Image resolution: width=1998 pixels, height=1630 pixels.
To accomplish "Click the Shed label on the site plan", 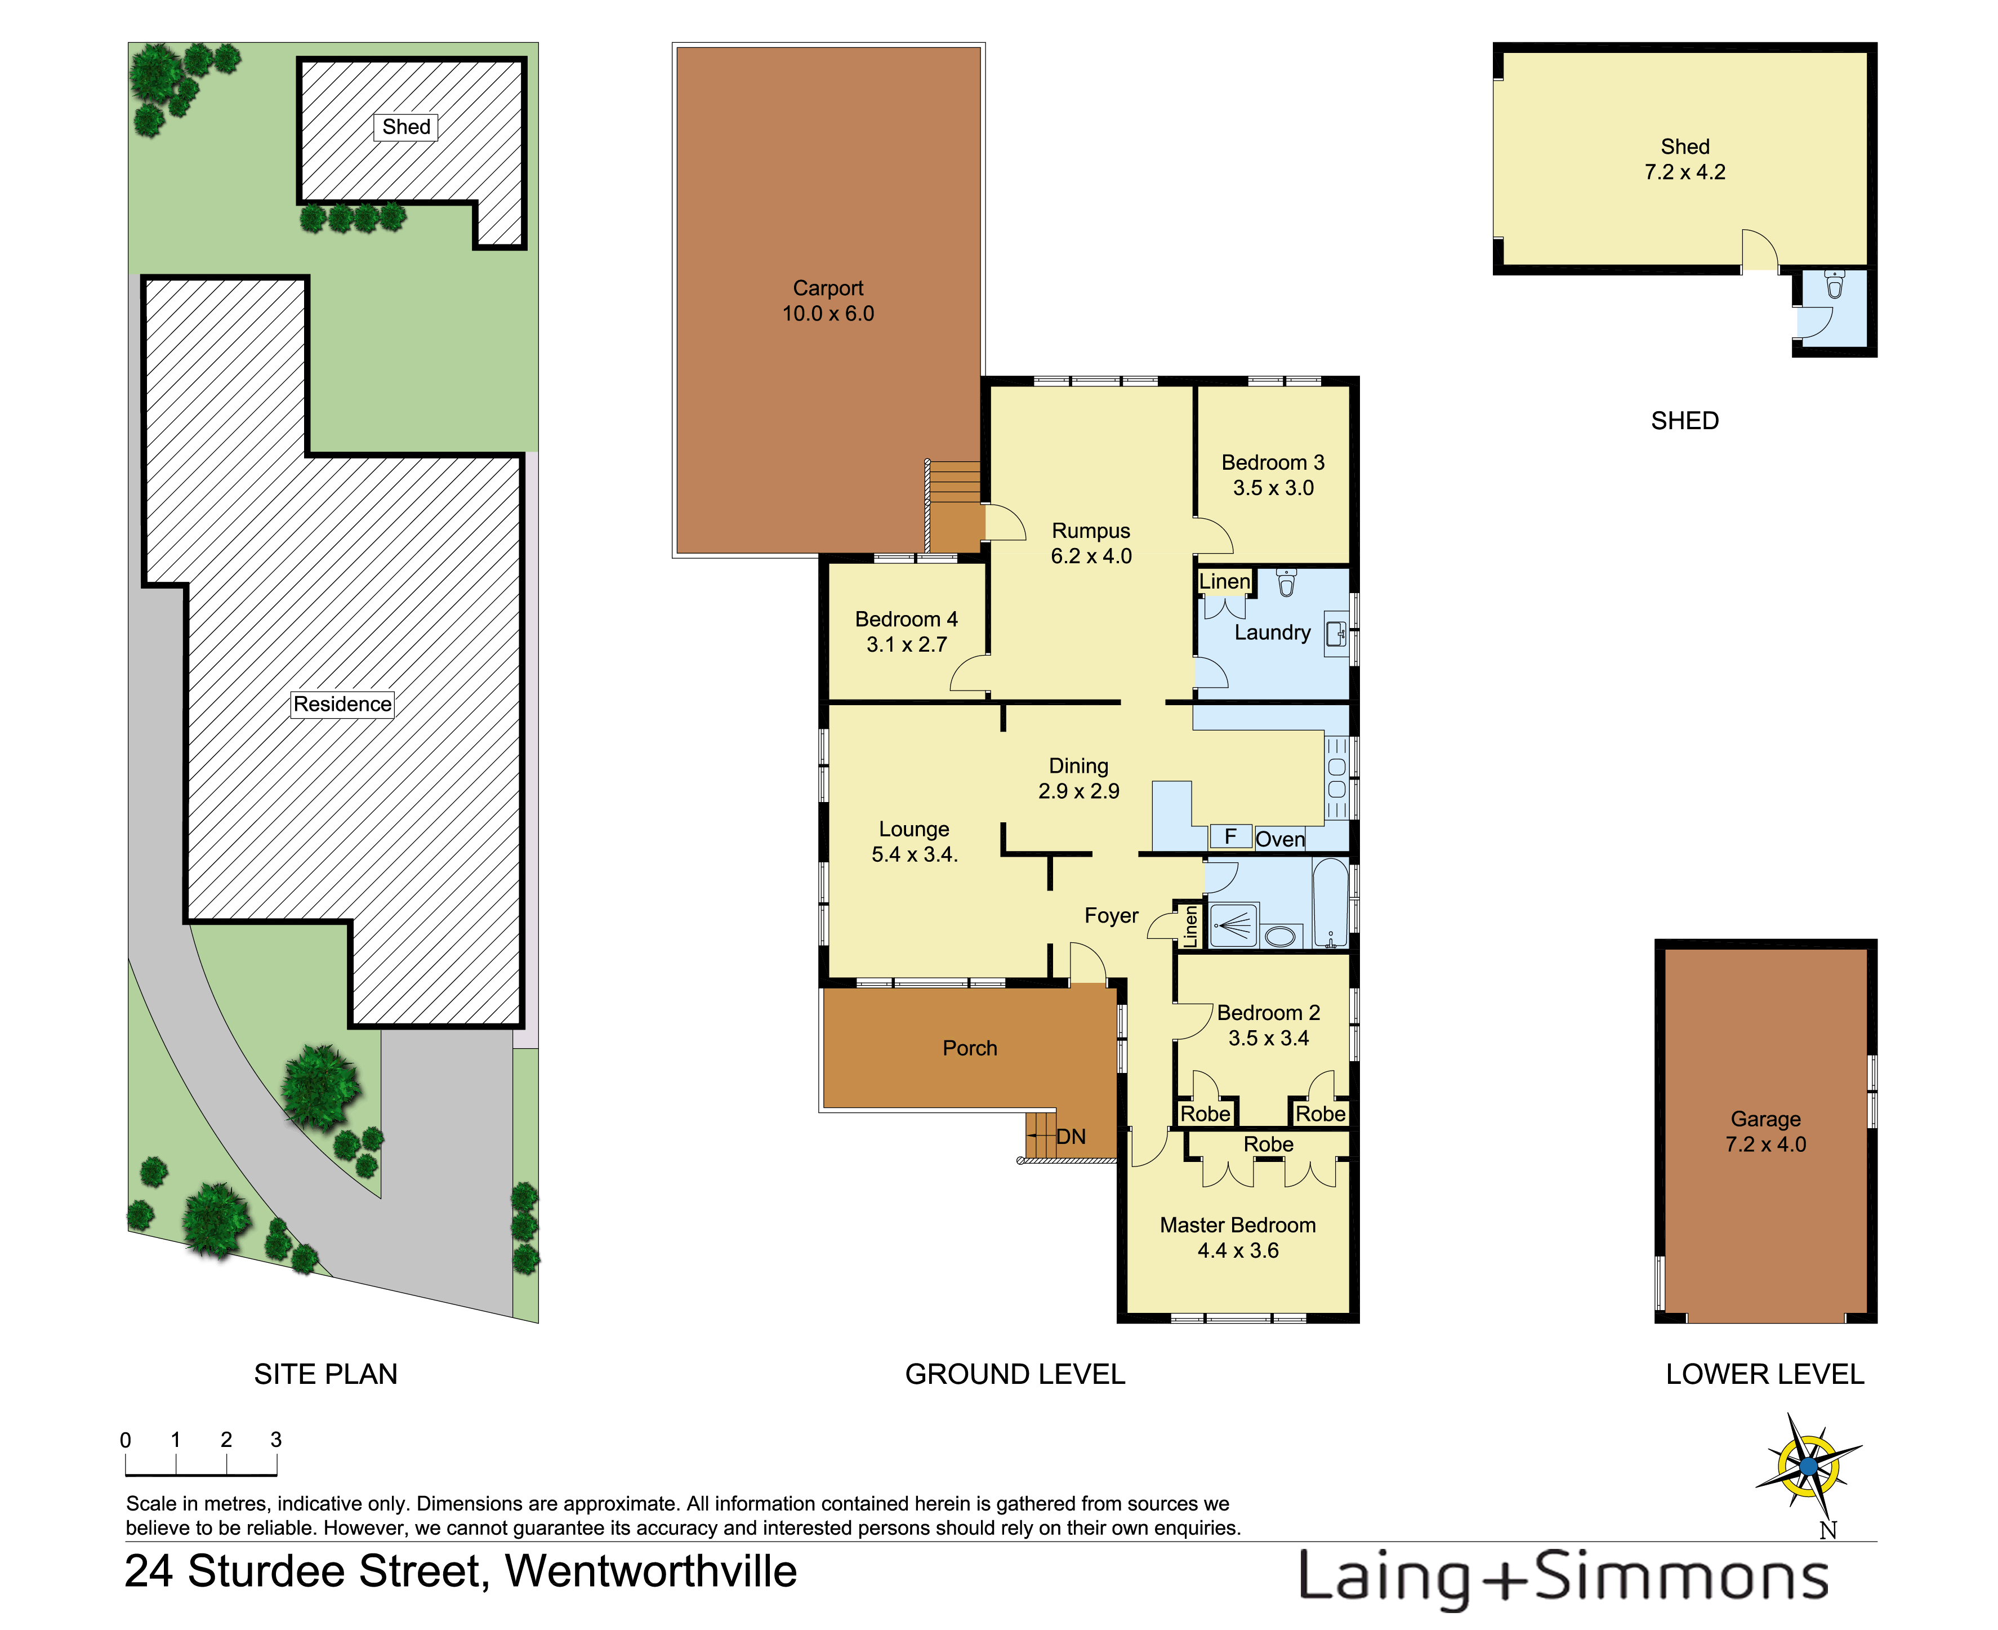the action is point(405,127).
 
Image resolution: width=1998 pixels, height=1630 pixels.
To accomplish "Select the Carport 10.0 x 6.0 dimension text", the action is point(828,314).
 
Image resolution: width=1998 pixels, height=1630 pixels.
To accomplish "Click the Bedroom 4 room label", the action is point(906,620).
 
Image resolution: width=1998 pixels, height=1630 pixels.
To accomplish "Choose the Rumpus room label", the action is point(1091,532).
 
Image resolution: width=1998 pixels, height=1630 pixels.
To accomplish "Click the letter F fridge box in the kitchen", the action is point(1230,836).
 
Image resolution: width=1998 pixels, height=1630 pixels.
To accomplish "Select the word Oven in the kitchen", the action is point(1280,839).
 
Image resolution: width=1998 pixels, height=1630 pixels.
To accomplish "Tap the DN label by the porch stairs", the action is point(1071,1137).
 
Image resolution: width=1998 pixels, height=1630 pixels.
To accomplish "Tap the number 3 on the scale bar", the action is point(276,1440).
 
